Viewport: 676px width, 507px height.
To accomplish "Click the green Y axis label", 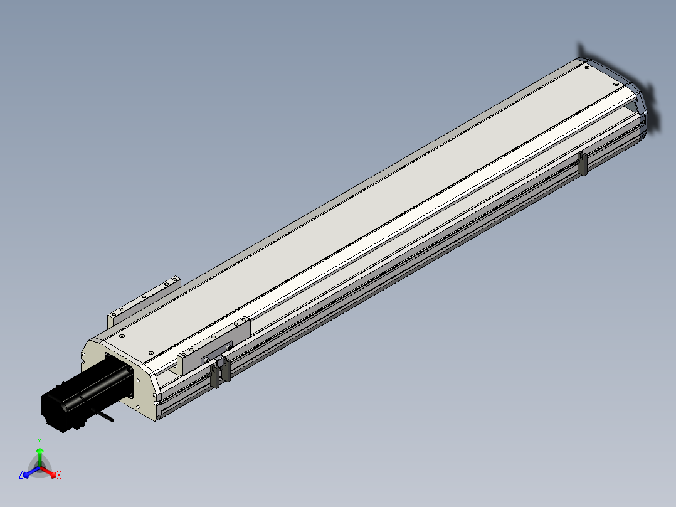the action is [40, 441].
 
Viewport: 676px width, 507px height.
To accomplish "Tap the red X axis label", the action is [59, 475].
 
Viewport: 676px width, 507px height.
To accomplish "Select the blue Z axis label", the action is [21, 474].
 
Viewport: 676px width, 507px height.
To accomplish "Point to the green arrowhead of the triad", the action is [40, 451].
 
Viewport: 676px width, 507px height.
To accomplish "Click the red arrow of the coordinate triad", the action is [48, 472].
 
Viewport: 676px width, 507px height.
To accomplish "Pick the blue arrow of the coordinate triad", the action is [31, 472].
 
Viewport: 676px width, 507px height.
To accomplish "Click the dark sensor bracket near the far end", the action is [582, 164].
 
